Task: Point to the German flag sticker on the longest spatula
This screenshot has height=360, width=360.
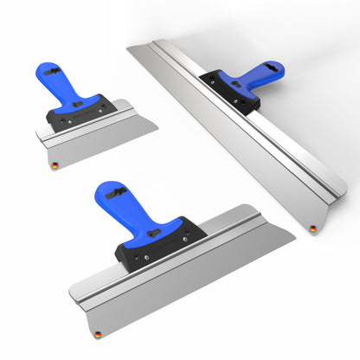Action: pos(313,228)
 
